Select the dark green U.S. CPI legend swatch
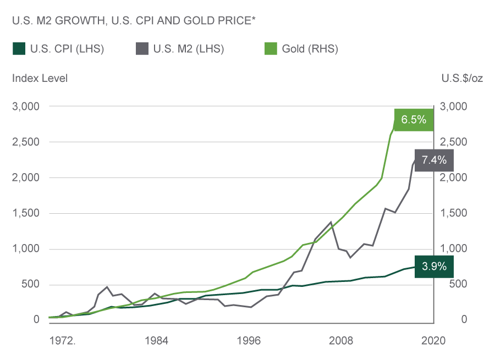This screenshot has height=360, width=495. tap(18, 49)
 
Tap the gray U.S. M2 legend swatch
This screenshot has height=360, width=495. tap(141, 49)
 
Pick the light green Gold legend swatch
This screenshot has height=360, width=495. tap(271, 49)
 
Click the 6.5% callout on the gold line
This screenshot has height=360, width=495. tap(414, 119)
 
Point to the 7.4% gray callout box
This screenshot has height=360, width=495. tap(435, 160)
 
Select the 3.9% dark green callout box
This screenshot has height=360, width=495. tap(435, 267)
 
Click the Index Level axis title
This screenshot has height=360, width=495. tap(40, 78)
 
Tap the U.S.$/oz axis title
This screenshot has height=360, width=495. tap(462, 78)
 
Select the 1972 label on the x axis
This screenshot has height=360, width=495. tap(62, 341)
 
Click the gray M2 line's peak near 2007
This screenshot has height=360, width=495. tap(331, 222)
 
